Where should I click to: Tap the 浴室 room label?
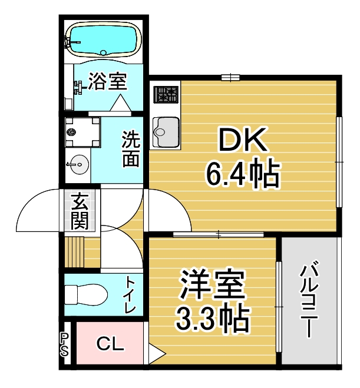(108, 81)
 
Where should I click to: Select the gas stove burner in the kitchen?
(166, 95)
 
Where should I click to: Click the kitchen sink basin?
(166, 132)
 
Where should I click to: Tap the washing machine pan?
(82, 132)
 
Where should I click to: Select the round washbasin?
(78, 164)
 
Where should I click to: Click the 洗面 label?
(131, 149)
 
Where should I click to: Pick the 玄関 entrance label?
(80, 211)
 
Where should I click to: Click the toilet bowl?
(86, 294)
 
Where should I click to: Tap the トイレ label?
(130, 295)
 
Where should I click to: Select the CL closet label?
(110, 344)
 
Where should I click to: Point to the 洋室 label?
(213, 284)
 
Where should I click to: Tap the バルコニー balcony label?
(309, 301)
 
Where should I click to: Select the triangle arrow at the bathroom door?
(120, 103)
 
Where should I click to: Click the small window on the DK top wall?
(230, 78)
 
